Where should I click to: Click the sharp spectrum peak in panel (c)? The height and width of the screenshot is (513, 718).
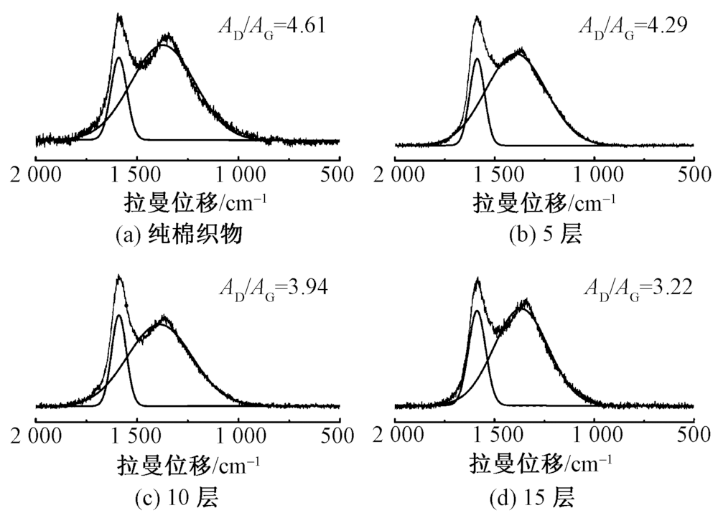tap(118, 276)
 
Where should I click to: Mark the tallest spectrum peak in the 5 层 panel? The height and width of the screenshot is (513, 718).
tap(476, 18)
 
